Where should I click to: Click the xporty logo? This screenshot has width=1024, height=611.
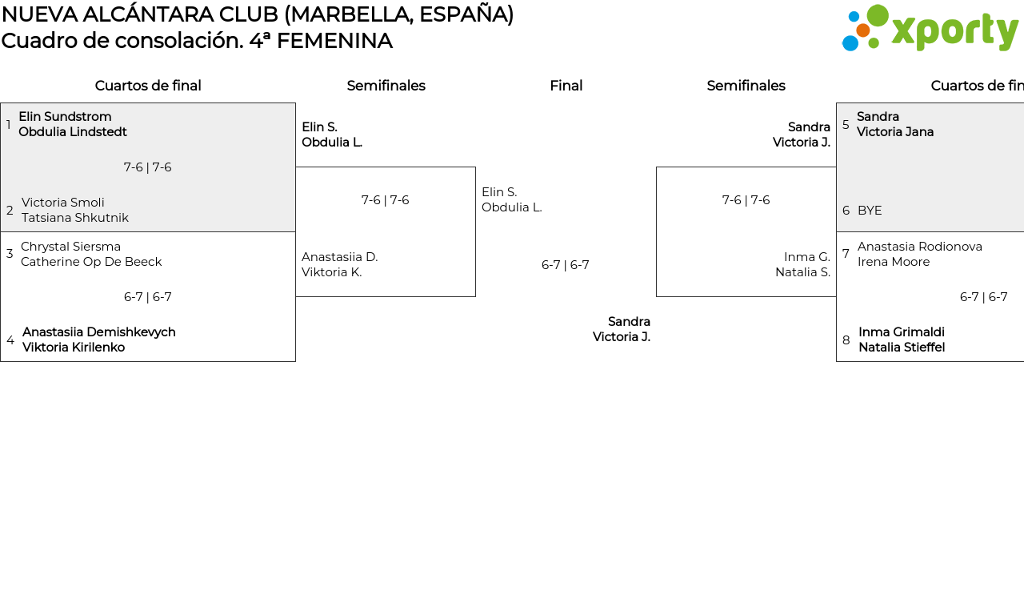tap(930, 28)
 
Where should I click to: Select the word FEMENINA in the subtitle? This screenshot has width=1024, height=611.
tap(334, 41)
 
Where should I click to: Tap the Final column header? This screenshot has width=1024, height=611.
tap(566, 86)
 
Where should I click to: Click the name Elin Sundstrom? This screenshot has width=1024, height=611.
tap(65, 116)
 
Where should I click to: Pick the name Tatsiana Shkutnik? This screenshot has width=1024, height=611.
tap(75, 217)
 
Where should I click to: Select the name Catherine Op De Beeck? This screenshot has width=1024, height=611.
tap(91, 262)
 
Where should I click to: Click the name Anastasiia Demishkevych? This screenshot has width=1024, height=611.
tap(98, 332)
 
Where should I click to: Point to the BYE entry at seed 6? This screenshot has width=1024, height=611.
tap(870, 211)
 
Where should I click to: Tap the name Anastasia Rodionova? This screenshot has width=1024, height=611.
tap(920, 247)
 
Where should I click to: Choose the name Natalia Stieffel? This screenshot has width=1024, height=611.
tap(902, 348)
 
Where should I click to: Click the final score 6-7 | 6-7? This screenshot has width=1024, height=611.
tap(565, 265)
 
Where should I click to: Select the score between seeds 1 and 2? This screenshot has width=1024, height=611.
tap(147, 167)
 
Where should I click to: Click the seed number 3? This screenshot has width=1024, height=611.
tap(10, 254)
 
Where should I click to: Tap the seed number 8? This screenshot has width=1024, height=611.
tap(846, 340)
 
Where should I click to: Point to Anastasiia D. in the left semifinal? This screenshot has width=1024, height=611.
tap(340, 257)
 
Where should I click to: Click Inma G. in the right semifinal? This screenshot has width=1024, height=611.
tap(807, 257)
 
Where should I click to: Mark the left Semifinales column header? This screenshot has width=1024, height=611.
tap(386, 86)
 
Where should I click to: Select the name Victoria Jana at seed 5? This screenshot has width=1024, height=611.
tap(895, 132)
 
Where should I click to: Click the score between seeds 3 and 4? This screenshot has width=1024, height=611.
tap(147, 297)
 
